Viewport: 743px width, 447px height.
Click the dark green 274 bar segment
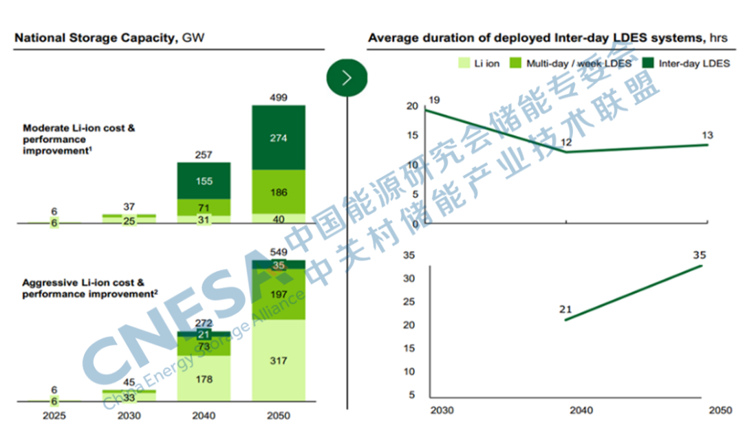tap(279, 138)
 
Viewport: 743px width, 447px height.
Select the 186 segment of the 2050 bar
tap(279, 192)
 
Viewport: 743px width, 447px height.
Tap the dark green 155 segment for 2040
tap(204, 181)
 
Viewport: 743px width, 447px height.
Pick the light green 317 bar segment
tap(279, 360)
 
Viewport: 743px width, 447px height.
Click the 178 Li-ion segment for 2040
tap(204, 379)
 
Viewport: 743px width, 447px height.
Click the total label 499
tap(279, 97)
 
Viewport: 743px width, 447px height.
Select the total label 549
tap(279, 251)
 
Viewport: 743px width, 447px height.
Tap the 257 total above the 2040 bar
tap(204, 155)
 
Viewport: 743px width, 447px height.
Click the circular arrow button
tap(347, 78)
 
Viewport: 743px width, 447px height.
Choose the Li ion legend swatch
tap(464, 63)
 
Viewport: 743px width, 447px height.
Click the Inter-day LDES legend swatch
tap(647, 63)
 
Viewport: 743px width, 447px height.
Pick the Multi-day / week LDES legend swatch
tap(515, 63)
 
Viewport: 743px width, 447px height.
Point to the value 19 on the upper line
tap(433, 100)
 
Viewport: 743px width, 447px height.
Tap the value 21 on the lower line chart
tap(566, 309)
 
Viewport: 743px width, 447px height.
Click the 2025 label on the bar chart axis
tap(54, 416)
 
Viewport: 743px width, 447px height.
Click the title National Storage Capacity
tap(96, 38)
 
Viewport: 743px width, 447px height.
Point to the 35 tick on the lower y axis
tap(410, 255)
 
